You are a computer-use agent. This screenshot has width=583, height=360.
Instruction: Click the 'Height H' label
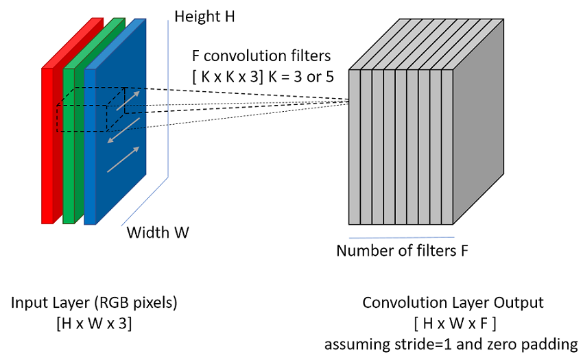tap(204, 16)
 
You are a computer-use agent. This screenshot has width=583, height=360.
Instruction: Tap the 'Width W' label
tap(158, 232)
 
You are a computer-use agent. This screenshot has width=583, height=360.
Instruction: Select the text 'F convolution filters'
tap(261, 56)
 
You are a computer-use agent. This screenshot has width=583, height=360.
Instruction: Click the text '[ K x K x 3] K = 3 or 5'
tap(263, 77)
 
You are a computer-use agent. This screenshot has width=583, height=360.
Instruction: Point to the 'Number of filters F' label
tap(402, 251)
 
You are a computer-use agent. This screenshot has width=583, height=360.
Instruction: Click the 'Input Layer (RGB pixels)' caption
tap(94, 302)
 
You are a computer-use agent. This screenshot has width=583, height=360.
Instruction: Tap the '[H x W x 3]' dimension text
tap(94, 324)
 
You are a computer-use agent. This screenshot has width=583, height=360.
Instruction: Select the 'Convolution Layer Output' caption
tap(453, 302)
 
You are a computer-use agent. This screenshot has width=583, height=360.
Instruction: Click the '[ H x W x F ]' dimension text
tap(455, 324)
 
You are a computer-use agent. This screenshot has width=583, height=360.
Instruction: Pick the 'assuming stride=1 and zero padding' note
tap(451, 344)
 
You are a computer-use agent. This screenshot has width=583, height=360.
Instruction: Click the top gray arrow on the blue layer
tap(128, 100)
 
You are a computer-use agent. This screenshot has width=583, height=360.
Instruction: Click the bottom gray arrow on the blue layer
tap(123, 160)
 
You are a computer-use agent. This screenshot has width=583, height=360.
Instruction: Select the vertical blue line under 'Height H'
tap(168, 99)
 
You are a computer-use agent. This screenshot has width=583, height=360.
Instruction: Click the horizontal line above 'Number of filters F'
tap(401, 237)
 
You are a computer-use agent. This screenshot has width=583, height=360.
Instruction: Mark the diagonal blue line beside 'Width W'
tap(145, 201)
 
